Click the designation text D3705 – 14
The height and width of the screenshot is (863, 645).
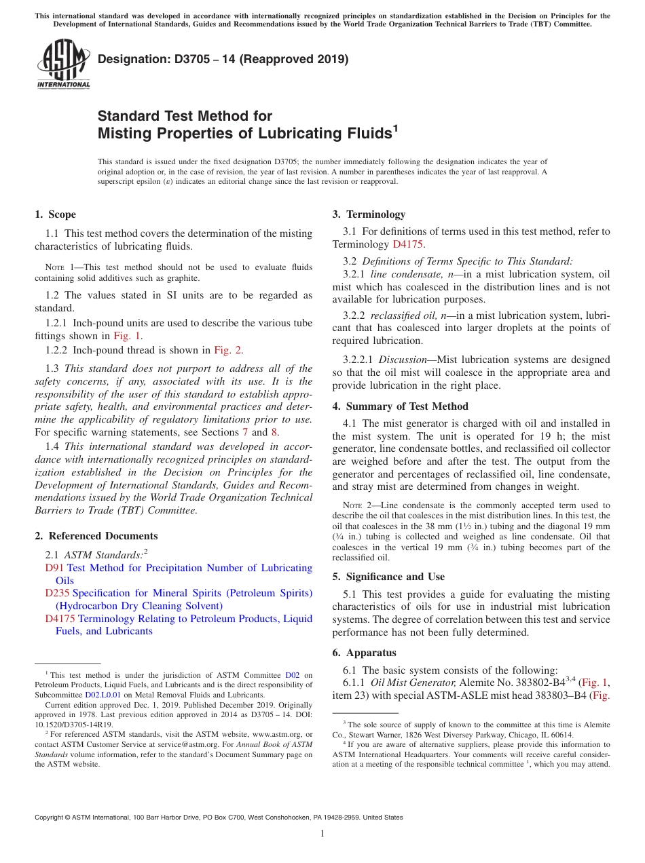(x=223, y=59)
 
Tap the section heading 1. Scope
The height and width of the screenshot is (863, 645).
(x=55, y=214)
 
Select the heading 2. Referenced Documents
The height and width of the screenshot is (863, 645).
(x=96, y=536)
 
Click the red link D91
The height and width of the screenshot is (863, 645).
(x=54, y=568)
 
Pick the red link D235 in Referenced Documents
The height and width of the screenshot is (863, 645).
(x=57, y=593)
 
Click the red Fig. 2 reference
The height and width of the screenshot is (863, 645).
(x=227, y=350)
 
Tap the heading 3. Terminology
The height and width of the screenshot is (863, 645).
(x=369, y=214)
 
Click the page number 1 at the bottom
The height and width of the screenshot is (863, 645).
(x=322, y=834)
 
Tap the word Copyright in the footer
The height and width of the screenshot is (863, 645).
(x=50, y=818)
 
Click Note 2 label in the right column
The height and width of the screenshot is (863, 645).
(x=355, y=505)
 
